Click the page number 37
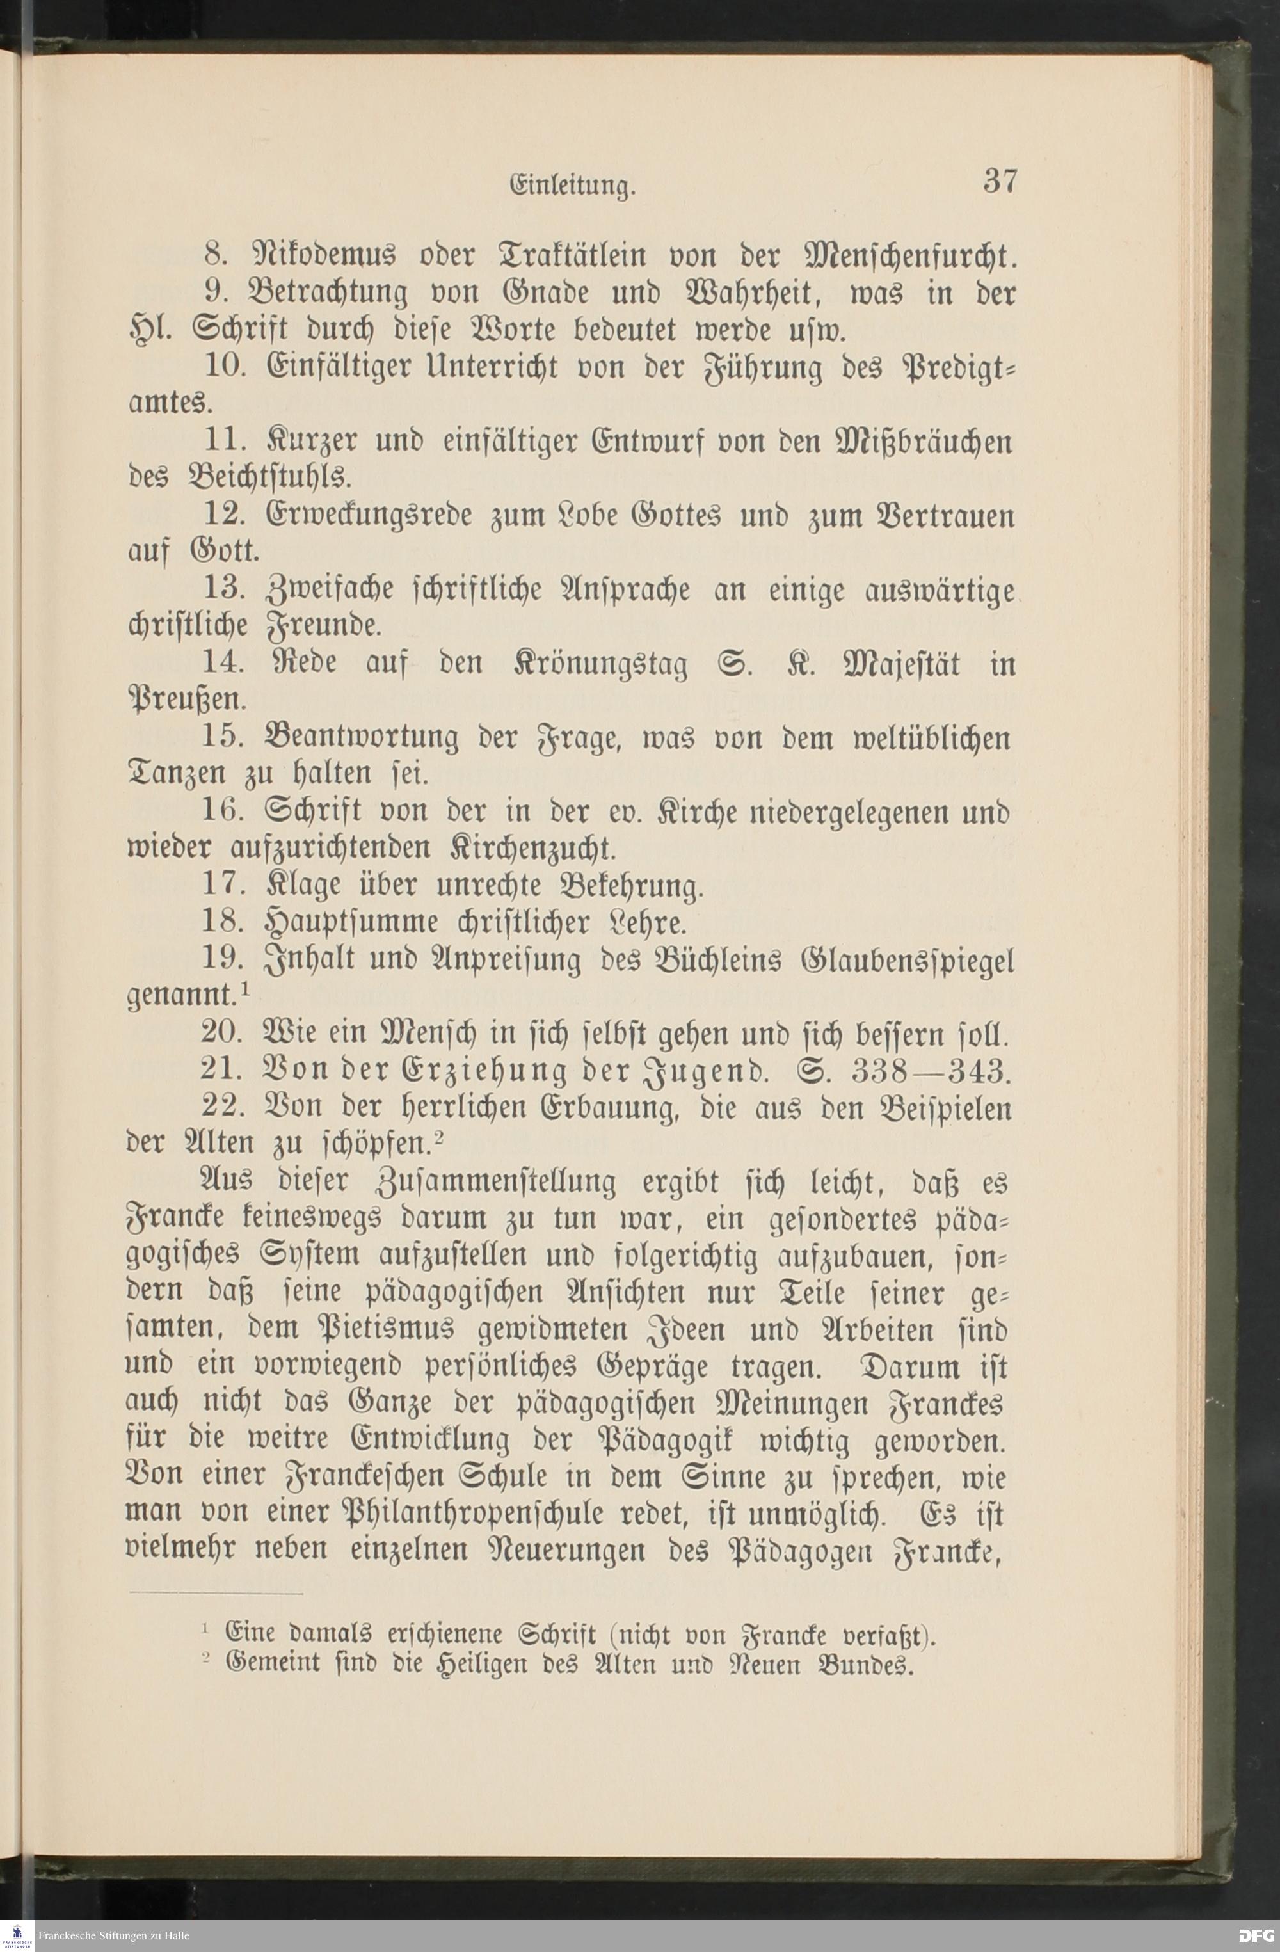point(1000,180)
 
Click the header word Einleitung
point(572,187)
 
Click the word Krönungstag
point(601,664)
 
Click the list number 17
point(221,884)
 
